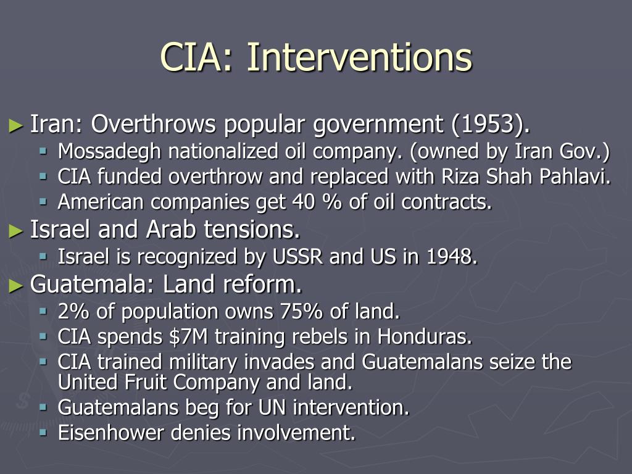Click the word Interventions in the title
pyautogui.click(x=360, y=58)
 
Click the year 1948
pyautogui.click(x=452, y=257)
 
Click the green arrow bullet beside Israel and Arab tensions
pyautogui.click(x=16, y=231)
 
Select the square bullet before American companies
pyautogui.click(x=43, y=201)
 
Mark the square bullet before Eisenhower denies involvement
pyautogui.click(x=43, y=432)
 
